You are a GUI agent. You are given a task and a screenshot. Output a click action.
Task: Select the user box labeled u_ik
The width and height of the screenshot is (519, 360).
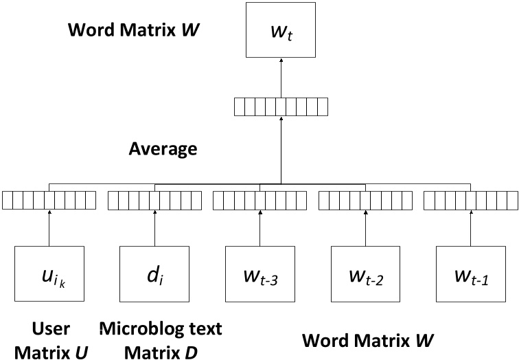[x=49, y=274]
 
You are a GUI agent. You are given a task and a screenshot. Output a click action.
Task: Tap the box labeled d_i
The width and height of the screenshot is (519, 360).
[x=154, y=274]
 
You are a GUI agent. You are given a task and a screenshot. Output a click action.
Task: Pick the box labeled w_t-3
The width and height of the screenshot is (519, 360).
[x=260, y=274]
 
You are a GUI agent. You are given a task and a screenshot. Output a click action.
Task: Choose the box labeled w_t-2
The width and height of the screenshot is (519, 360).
[x=366, y=274]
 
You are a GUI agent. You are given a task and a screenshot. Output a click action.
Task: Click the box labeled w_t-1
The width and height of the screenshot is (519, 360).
[x=471, y=274]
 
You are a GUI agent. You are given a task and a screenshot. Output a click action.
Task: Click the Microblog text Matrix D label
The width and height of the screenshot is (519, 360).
[x=161, y=340]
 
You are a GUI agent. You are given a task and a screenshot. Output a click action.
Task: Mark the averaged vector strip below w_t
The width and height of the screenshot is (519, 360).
[x=280, y=107]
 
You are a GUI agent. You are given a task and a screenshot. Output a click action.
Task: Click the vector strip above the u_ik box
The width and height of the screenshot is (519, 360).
[x=49, y=200]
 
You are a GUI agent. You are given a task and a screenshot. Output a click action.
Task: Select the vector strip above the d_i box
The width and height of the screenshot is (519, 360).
[x=154, y=200]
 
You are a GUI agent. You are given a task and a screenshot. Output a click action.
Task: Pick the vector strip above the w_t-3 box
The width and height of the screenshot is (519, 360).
[x=260, y=200]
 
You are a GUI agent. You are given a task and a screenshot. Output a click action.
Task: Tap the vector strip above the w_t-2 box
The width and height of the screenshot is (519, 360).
[x=366, y=200]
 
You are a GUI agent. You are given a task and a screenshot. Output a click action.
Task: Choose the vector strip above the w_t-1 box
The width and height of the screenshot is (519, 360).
[x=471, y=200]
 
